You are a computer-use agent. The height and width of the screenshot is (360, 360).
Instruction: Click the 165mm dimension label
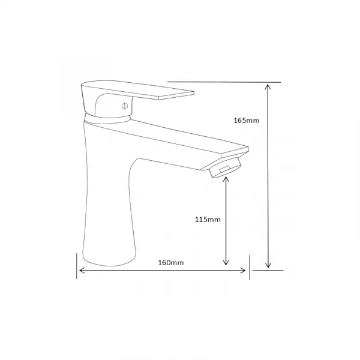247,121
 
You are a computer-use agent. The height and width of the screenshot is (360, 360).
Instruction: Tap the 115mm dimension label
208,220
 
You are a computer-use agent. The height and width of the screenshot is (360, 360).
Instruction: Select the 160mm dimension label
171,263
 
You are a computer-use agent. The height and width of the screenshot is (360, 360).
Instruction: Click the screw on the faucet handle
125,106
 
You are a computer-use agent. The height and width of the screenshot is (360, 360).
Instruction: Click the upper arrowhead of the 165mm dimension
268,87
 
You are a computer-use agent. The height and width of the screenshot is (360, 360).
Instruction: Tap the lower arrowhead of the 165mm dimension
268,265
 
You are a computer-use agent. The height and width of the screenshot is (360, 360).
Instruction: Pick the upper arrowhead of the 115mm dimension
226,179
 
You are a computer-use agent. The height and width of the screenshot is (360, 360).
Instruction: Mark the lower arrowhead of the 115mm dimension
226,262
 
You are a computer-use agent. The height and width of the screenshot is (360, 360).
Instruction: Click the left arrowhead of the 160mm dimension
82,271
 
